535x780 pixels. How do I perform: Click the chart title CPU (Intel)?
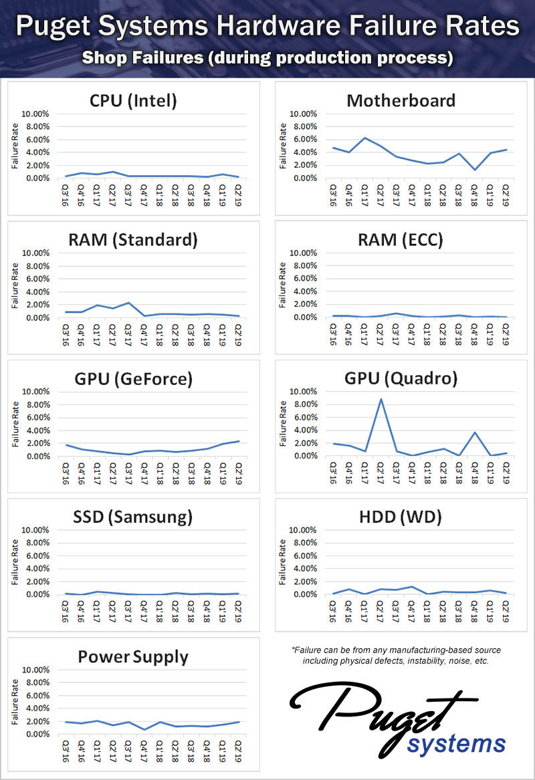coord(133,101)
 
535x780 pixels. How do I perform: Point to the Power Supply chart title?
coord(133,656)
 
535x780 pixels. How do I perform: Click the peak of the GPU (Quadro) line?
coord(381,399)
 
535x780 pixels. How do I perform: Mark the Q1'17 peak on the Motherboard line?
coord(364,138)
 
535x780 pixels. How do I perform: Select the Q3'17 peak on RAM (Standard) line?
coord(128,303)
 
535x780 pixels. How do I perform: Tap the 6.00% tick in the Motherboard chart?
coord(303,140)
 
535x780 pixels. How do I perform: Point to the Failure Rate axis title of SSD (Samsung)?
coord(13,563)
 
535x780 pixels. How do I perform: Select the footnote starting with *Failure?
coord(396,655)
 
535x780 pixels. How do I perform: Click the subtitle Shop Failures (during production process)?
coord(267,59)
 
